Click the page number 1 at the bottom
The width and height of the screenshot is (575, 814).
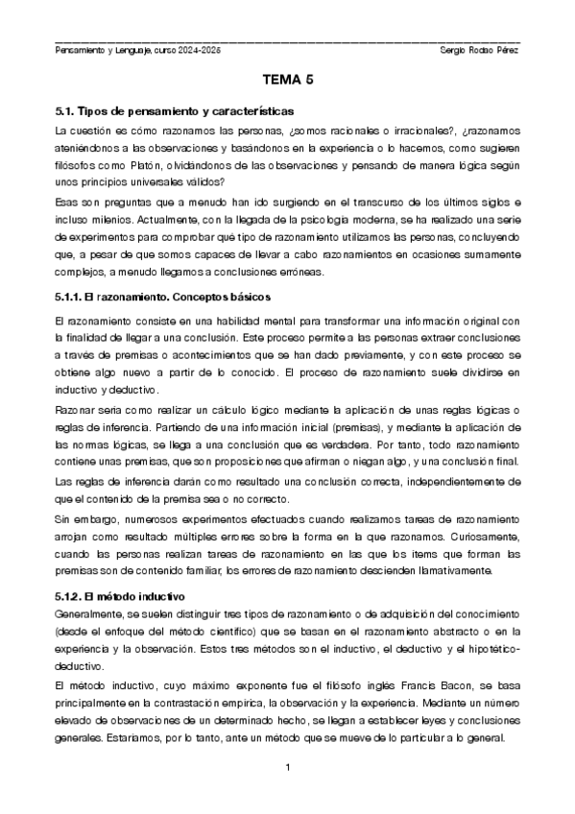pyautogui.click(x=288, y=768)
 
